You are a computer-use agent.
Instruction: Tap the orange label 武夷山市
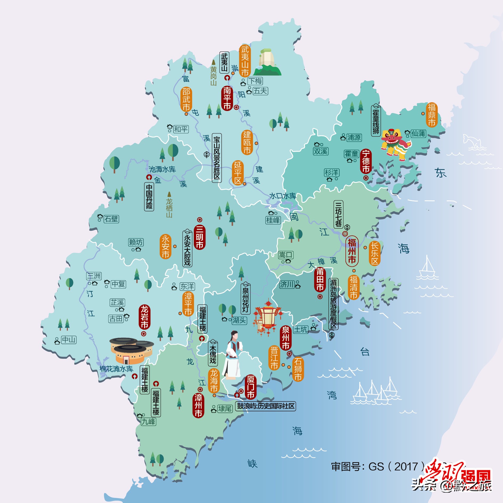pyautogui.click(x=245, y=61)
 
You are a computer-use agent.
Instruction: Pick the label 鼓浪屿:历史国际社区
pyautogui.click(x=265, y=406)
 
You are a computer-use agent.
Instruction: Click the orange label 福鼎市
pyautogui.click(x=431, y=115)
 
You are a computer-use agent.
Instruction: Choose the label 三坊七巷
pyautogui.click(x=338, y=214)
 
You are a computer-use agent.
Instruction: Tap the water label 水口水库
pyautogui.click(x=283, y=196)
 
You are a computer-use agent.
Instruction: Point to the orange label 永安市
pyautogui.click(x=165, y=246)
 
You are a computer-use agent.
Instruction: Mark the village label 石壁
pyautogui.click(x=111, y=219)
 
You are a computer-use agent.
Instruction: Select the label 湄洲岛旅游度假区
pyautogui.click(x=333, y=304)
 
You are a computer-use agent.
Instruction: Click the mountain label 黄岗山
pyautogui.click(x=213, y=76)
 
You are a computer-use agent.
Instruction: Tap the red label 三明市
pyautogui.click(x=200, y=237)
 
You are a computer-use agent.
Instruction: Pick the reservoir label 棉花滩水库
pyautogui.click(x=116, y=369)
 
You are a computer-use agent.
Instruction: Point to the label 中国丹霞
pyautogui.click(x=149, y=196)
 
